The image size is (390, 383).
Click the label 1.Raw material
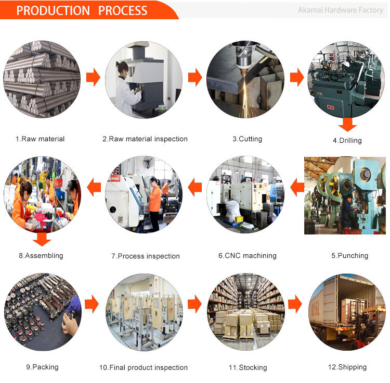click(x=40, y=139)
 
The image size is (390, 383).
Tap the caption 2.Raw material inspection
click(x=145, y=139)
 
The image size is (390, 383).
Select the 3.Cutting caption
click(x=247, y=139)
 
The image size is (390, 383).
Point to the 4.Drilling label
click(x=347, y=140)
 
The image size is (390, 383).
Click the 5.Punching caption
click(x=349, y=256)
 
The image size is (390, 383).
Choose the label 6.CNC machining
click(x=247, y=256)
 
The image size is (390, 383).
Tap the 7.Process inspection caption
click(x=146, y=256)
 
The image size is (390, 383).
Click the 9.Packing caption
click(x=42, y=367)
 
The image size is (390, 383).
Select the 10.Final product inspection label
click(x=144, y=367)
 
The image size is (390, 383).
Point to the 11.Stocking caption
click(x=248, y=367)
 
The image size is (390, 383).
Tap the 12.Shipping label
click(x=347, y=367)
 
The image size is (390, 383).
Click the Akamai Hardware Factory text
click(x=341, y=10)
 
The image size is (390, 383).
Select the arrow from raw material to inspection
click(x=93, y=78)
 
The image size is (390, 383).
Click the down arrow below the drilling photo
click(x=347, y=125)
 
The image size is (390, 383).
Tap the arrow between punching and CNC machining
click(x=296, y=187)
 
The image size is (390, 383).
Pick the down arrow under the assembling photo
click(x=42, y=240)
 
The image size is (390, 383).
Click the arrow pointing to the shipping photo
click(x=296, y=303)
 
